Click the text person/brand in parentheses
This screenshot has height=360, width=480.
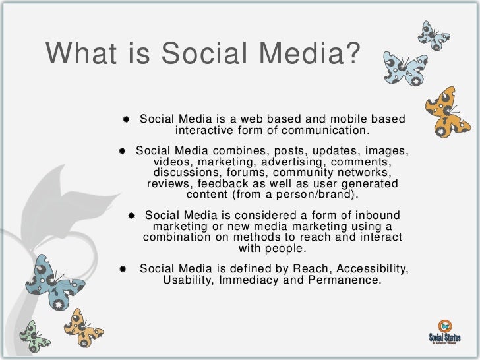tap(309, 195)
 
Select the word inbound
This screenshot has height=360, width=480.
tap(378, 216)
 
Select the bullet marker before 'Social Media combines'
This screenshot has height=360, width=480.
tap(123, 152)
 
